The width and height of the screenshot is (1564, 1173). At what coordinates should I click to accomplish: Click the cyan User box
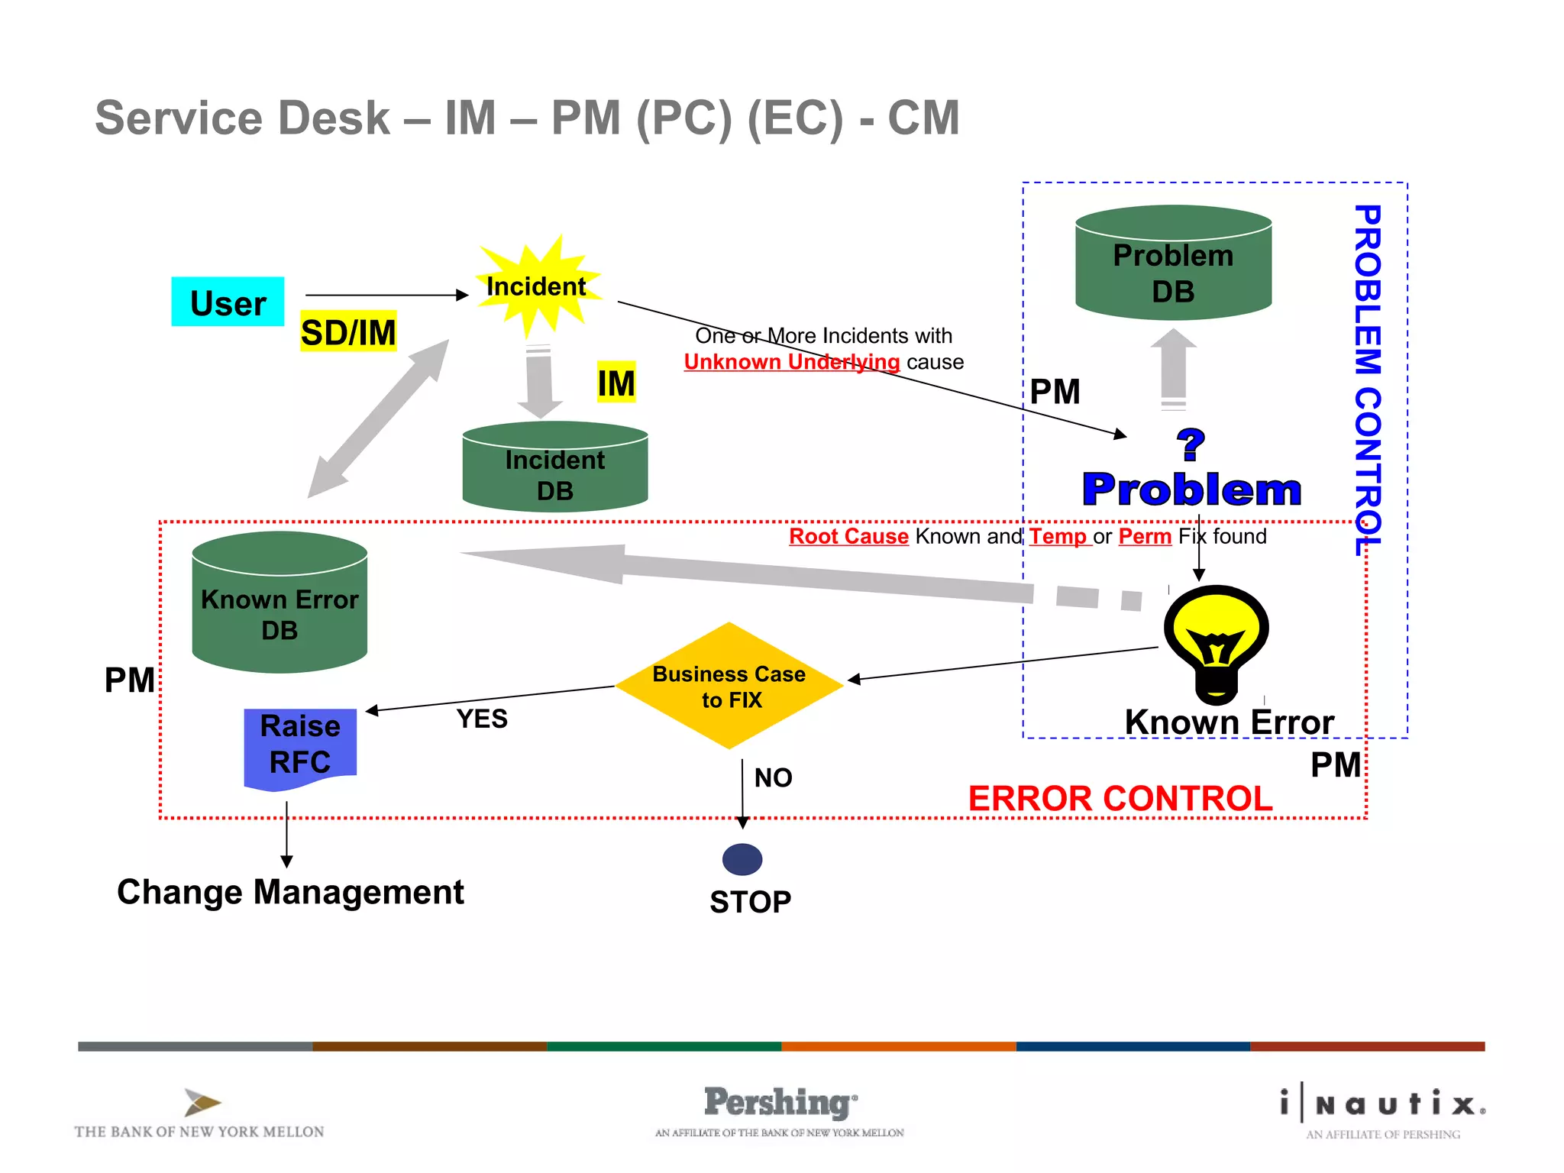click(228, 302)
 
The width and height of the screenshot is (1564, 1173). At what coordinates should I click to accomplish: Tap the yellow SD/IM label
click(348, 331)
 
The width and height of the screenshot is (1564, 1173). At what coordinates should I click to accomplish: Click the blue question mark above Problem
click(1190, 445)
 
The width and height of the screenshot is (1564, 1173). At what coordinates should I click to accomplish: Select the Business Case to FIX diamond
click(729, 686)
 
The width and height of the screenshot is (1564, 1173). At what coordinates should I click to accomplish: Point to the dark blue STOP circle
click(742, 860)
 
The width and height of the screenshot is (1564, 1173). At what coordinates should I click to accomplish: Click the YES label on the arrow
click(482, 719)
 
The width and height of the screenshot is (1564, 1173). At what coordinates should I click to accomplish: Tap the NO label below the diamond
click(773, 778)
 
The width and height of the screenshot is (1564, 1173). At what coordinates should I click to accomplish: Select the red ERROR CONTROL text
click(1120, 800)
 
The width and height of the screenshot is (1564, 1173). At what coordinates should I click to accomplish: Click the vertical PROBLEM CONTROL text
click(1367, 378)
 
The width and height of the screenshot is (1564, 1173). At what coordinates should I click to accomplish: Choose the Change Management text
click(290, 892)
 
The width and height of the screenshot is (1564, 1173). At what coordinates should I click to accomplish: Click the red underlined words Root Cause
click(848, 536)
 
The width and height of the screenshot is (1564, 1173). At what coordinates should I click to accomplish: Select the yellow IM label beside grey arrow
click(616, 383)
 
